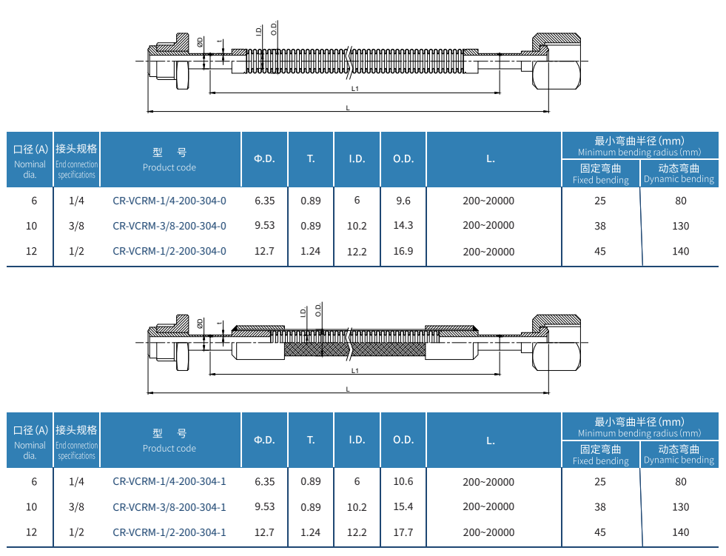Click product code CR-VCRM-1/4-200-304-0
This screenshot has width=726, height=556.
pyautogui.click(x=169, y=201)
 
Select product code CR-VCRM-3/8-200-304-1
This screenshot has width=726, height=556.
pyautogui.click(x=169, y=507)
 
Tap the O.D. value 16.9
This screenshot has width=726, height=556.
pyautogui.click(x=403, y=251)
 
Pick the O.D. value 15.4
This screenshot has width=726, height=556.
pyautogui.click(x=403, y=507)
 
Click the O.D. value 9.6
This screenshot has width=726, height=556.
pyautogui.click(x=403, y=201)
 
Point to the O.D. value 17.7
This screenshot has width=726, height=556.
pyautogui.click(x=403, y=532)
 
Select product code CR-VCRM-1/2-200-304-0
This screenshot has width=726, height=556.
pyautogui.click(x=169, y=251)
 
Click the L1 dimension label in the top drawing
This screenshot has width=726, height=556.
pyautogui.click(x=354, y=89)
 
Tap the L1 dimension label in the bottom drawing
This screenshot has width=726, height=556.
pyautogui.click(x=354, y=371)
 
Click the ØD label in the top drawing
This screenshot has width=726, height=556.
pyautogui.click(x=200, y=42)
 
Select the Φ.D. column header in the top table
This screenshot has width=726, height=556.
pyautogui.click(x=264, y=159)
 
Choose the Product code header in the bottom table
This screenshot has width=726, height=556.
pyautogui.click(x=169, y=449)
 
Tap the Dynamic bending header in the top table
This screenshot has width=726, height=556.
pyautogui.click(x=679, y=179)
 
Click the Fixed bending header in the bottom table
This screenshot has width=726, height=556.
pyautogui.click(x=600, y=461)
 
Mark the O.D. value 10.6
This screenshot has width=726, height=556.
pyautogui.click(x=403, y=482)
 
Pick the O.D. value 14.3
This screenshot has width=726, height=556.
pyautogui.click(x=403, y=225)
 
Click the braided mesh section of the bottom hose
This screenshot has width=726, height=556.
pyautogui.click(x=354, y=349)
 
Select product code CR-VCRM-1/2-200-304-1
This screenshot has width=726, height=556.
pyautogui.click(x=169, y=533)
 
